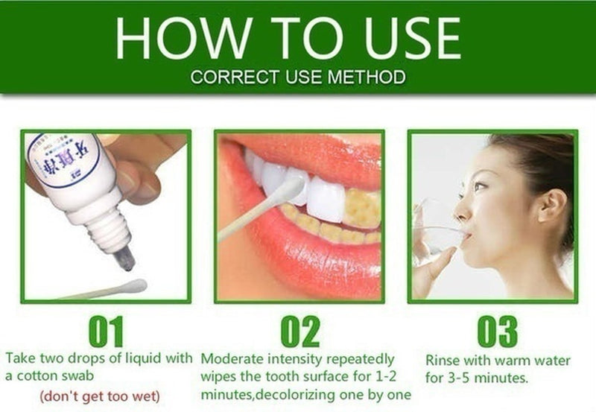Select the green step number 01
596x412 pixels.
[106, 332]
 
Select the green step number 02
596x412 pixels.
[299, 332]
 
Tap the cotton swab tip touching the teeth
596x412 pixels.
[288, 188]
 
